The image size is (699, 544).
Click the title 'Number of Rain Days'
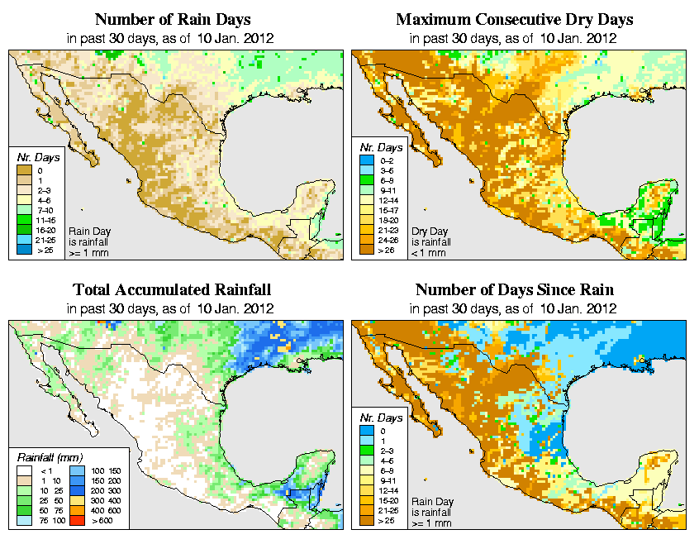173,19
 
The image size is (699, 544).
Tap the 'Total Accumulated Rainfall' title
172,290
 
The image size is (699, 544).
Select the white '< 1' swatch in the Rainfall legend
23,471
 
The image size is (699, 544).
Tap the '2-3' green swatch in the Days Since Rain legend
368,451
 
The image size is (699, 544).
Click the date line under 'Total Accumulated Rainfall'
172,308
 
